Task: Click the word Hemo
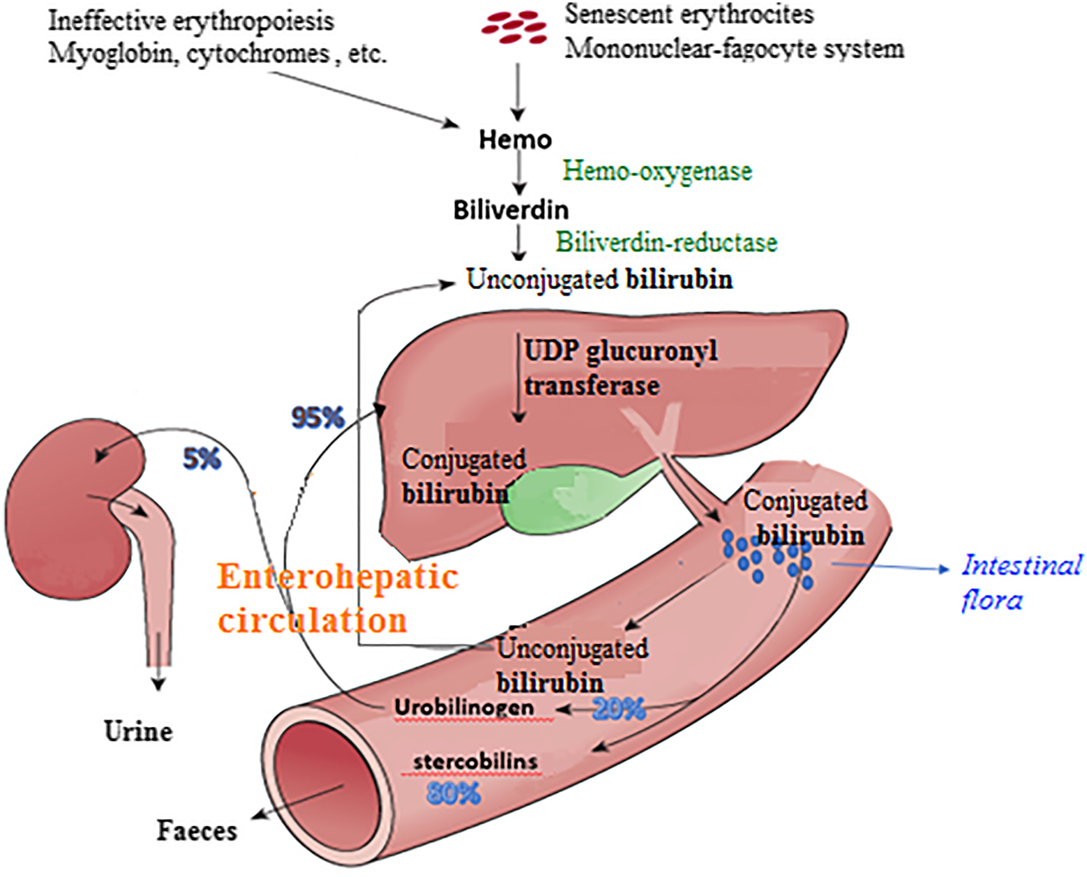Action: tap(515, 139)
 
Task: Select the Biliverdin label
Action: tap(511, 209)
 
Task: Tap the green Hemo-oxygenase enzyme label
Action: tap(657, 170)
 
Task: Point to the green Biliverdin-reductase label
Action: tap(666, 242)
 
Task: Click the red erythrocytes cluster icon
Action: tap(515, 26)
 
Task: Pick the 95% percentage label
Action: tap(317, 418)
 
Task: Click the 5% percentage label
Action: tap(202, 458)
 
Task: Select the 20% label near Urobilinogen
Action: tap(618, 708)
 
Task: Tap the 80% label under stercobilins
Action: tap(453, 793)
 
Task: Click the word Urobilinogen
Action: tap(464, 707)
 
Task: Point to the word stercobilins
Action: tap(475, 761)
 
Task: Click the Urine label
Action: tap(138, 731)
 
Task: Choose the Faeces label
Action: tap(197, 830)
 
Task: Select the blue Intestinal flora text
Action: tap(1021, 581)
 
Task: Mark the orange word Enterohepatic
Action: tap(338, 576)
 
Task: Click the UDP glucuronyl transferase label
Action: tap(620, 368)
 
